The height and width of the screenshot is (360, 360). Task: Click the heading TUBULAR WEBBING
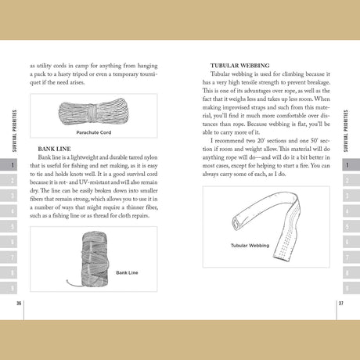pos(240,66)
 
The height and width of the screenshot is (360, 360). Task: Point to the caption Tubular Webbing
pos(250,245)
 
